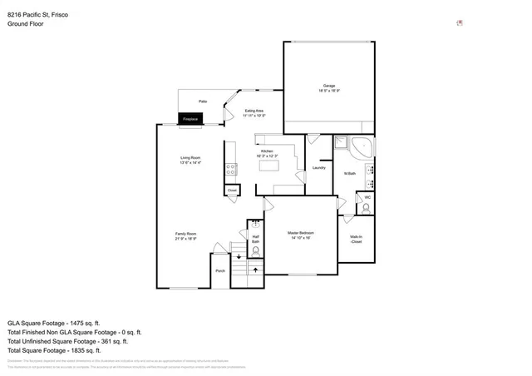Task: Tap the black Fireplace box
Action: [x=190, y=120]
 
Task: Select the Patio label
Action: [x=202, y=101]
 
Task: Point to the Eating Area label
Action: [x=254, y=112]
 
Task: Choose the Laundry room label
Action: [x=318, y=168]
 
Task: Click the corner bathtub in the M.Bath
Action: [x=363, y=148]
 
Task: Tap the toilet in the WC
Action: [x=367, y=209]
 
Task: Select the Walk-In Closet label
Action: [x=356, y=240]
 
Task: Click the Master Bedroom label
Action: [x=299, y=235]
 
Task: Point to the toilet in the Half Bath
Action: [x=256, y=250]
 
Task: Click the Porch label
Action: [x=220, y=271]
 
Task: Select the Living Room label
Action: [x=191, y=160]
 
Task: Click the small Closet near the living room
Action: [x=233, y=190]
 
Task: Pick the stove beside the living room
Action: [x=230, y=171]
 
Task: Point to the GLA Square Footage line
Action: [x=54, y=322]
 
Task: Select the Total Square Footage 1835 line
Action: [x=55, y=350]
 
